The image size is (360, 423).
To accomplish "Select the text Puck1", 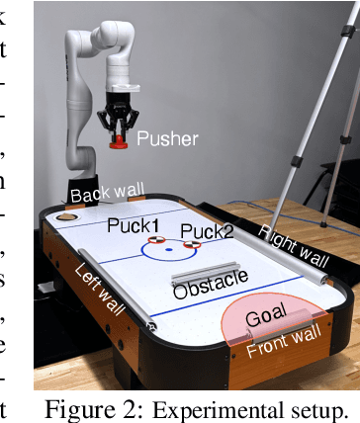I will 131,225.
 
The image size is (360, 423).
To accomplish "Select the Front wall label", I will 280,347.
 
